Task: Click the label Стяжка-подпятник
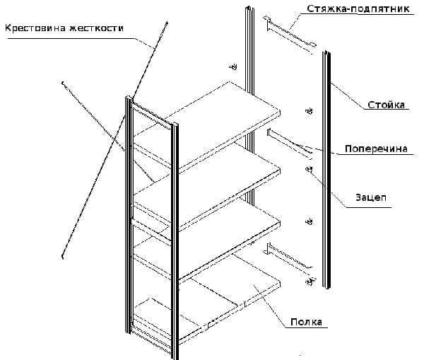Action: pyautogui.click(x=358, y=8)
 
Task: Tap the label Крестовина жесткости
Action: pyautogui.click(x=64, y=28)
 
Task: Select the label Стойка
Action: pyautogui.click(x=386, y=105)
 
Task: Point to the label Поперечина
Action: pyautogui.click(x=376, y=149)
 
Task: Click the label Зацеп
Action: pyautogui.click(x=371, y=197)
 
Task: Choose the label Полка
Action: pyautogui.click(x=306, y=322)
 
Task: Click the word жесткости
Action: pyautogui.click(x=96, y=28)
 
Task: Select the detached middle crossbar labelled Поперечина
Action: pyautogui.click(x=290, y=144)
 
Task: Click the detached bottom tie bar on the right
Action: pyautogui.click(x=289, y=257)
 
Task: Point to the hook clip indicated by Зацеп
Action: pyautogui.click(x=309, y=170)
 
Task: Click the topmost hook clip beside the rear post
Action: pyautogui.click(x=233, y=66)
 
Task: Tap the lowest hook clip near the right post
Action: pyautogui.click(x=310, y=281)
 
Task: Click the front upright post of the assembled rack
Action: pyautogui.click(x=175, y=241)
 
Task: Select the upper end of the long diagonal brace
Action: pyautogui.click(x=167, y=23)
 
